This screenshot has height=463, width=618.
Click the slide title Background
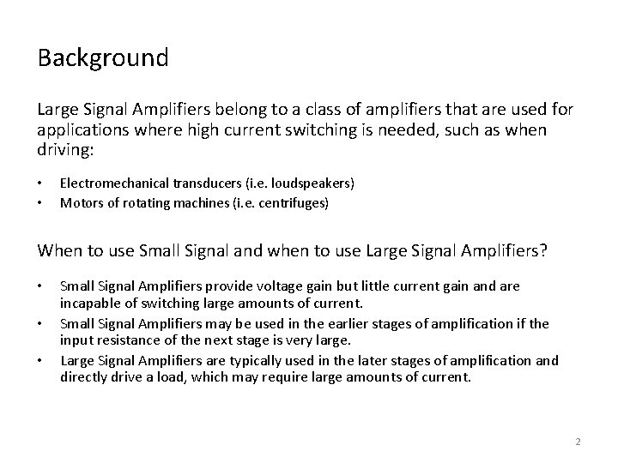tap(103, 59)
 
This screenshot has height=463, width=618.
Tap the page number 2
tap(578, 442)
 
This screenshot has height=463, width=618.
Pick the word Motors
tap(78, 203)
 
